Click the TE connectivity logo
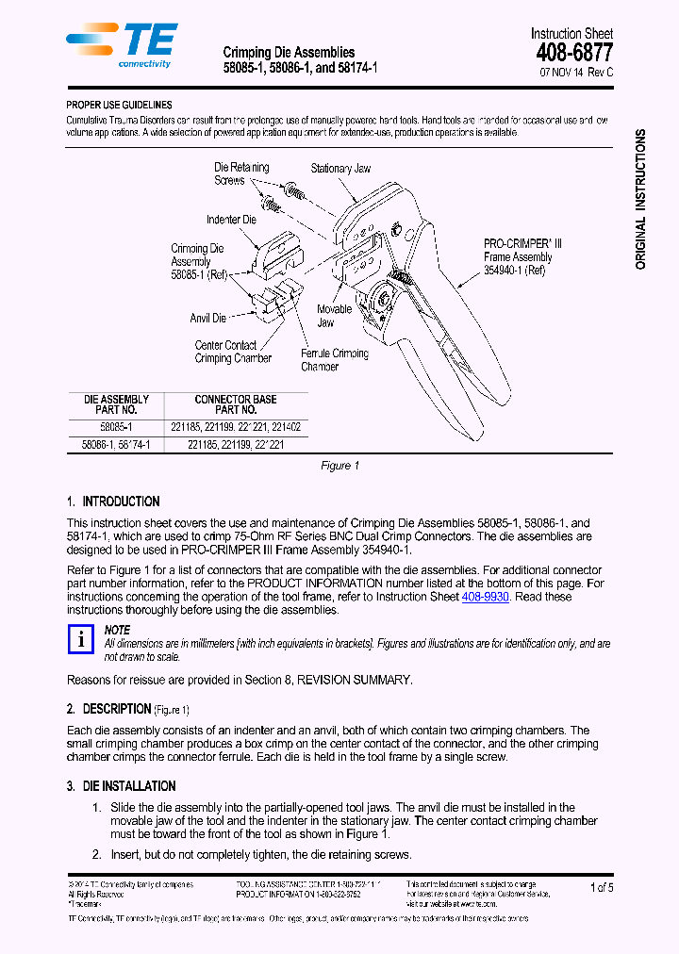click(x=121, y=44)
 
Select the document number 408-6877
click(x=573, y=54)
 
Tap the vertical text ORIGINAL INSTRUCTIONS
click(x=640, y=200)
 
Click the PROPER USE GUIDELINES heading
click(x=119, y=106)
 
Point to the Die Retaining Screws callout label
click(x=241, y=173)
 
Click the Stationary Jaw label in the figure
click(x=340, y=169)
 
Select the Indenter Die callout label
click(x=231, y=220)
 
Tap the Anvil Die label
click(x=207, y=319)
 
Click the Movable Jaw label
click(x=334, y=316)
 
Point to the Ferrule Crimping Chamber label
click(x=334, y=360)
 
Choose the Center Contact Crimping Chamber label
click(x=233, y=352)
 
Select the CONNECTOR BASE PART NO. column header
click(x=236, y=404)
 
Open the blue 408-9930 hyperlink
click(x=485, y=597)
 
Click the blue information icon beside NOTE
click(x=81, y=640)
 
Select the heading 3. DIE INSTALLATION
click(x=121, y=786)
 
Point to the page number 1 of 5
click(x=602, y=887)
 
